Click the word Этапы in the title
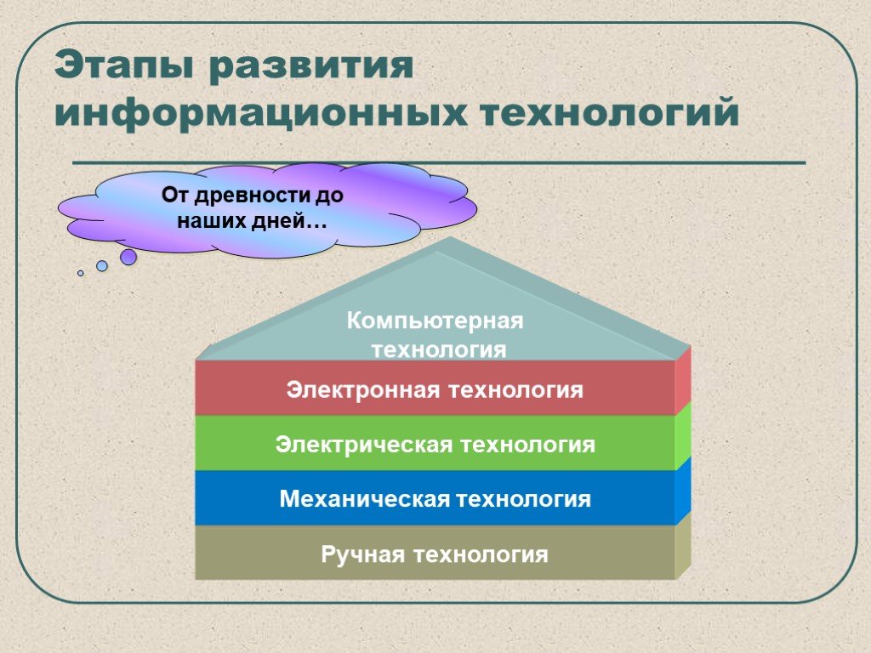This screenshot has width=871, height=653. [123, 65]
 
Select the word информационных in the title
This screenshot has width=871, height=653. [261, 114]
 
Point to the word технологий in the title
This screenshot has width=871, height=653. [610, 112]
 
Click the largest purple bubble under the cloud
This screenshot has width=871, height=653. [128, 257]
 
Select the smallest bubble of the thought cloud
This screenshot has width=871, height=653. [81, 273]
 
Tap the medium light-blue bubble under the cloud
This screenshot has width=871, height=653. [102, 266]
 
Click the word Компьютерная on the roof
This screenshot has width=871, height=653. [435, 321]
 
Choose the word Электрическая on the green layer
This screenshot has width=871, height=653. [363, 445]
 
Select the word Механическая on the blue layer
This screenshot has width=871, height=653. [364, 498]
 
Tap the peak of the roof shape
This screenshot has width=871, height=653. [450, 237]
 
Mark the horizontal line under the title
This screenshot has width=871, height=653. [439, 163]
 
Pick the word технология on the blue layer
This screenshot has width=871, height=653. [523, 498]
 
